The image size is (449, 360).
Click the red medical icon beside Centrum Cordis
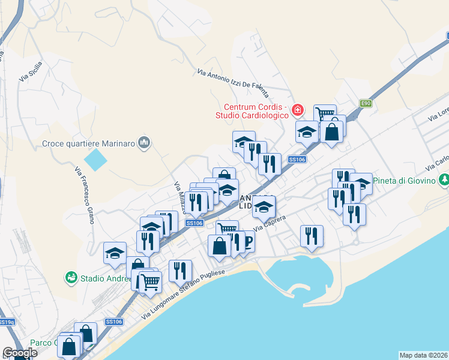(297, 110)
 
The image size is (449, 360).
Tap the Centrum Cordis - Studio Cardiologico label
(254, 111)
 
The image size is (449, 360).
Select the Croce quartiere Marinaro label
(89, 143)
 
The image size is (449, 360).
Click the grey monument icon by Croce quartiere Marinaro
(144, 143)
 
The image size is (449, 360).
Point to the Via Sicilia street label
(31, 71)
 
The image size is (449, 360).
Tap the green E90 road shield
(366, 103)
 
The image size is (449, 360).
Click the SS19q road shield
(7, 322)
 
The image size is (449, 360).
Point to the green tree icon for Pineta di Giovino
(444, 179)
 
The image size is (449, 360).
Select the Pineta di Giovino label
(405, 181)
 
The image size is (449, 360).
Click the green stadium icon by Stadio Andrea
(71, 278)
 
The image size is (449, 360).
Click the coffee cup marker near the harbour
(246, 240)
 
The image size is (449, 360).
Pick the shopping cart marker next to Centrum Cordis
(325, 113)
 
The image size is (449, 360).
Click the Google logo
(20, 353)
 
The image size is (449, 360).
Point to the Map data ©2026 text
(423, 355)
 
